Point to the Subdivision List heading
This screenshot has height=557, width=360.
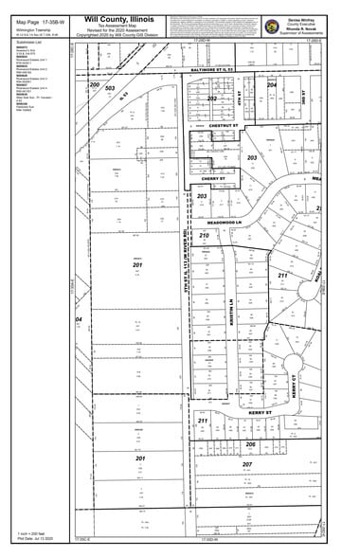click(x=30, y=42)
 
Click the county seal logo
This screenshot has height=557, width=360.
click(x=272, y=27)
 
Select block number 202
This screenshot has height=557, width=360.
click(x=212, y=99)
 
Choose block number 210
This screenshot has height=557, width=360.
click(x=203, y=235)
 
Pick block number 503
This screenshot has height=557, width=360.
click(x=110, y=89)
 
